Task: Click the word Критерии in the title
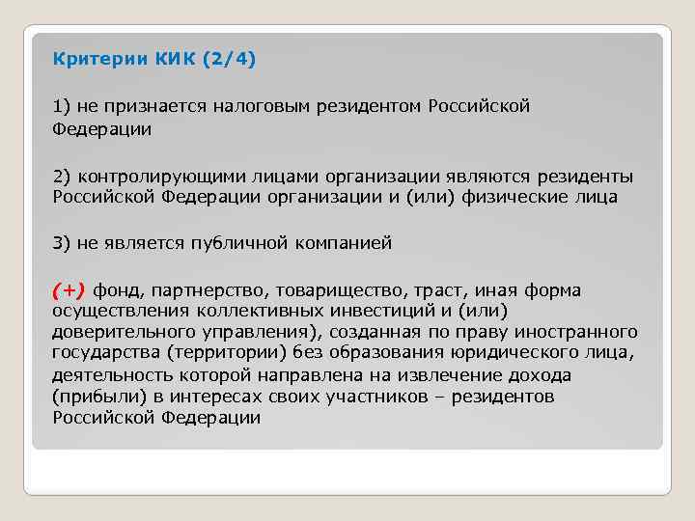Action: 98,60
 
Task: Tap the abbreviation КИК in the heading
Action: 171,60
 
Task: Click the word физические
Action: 529,197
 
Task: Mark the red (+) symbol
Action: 69,290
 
